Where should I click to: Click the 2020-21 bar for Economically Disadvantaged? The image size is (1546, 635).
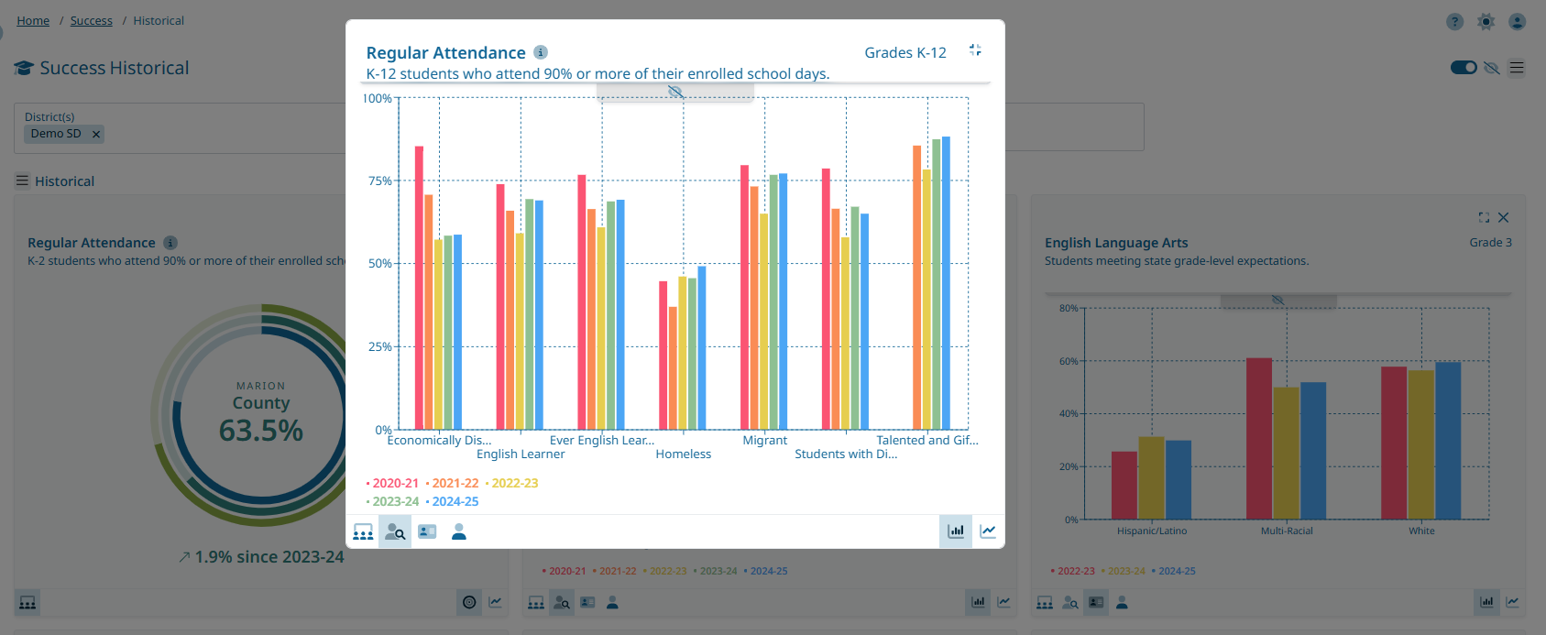click(x=419, y=288)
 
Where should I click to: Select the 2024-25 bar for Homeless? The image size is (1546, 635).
click(x=702, y=348)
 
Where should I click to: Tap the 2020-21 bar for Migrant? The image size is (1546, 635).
click(x=744, y=298)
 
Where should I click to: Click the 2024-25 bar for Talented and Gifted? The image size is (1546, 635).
click(x=946, y=283)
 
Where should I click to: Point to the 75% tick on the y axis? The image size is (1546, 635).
click(x=379, y=181)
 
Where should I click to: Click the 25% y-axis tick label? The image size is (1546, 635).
click(x=379, y=347)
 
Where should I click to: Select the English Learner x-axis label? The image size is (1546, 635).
click(x=521, y=454)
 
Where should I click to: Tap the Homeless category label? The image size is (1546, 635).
click(x=683, y=454)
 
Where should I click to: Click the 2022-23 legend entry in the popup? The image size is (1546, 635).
click(x=514, y=484)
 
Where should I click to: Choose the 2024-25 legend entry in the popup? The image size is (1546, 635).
click(x=455, y=502)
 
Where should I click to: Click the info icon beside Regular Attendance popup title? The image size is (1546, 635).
click(x=541, y=52)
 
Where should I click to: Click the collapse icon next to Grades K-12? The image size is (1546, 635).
click(x=975, y=50)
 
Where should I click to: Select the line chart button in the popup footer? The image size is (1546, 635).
click(x=988, y=531)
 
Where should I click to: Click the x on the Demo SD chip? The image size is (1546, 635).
click(x=95, y=135)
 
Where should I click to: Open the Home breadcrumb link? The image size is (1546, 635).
click(x=33, y=21)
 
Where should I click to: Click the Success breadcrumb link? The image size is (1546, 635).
click(x=92, y=21)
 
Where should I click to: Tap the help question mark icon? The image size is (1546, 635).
click(x=1454, y=22)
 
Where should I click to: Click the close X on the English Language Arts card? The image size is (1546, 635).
click(x=1503, y=218)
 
